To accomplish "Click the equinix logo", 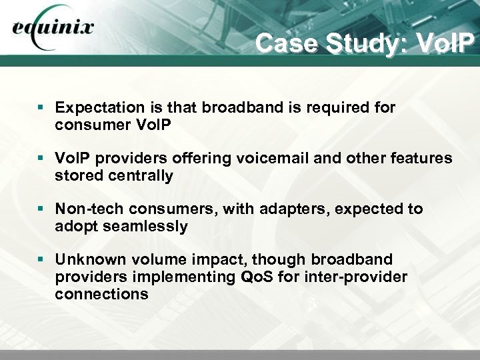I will click(53, 31).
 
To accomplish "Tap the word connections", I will click(102, 293).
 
